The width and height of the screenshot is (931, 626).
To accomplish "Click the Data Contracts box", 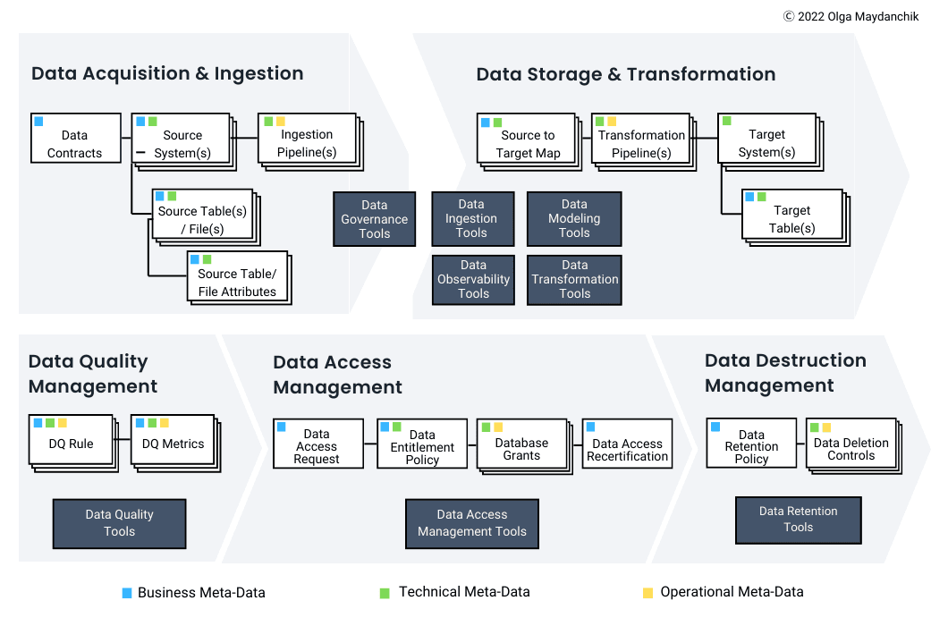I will coord(75,138).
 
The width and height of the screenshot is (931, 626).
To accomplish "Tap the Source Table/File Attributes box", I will coord(237,277).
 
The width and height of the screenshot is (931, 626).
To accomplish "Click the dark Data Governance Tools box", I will coord(374,219).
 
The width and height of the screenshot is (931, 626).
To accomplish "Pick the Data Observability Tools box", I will coord(473,279).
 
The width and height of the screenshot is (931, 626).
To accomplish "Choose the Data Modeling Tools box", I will coord(574,218).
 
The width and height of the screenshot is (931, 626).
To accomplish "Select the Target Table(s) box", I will coord(792,214).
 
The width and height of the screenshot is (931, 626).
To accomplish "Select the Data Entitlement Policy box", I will coord(422,444).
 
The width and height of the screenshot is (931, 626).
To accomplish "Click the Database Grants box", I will coord(521,444).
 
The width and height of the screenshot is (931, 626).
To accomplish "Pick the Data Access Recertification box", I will coord(627,444).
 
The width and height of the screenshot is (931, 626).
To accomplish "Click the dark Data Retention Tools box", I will coord(798,520).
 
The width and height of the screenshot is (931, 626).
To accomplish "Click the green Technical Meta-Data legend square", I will coord(385,592).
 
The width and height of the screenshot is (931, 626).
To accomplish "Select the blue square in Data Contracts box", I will coord(38,121).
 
